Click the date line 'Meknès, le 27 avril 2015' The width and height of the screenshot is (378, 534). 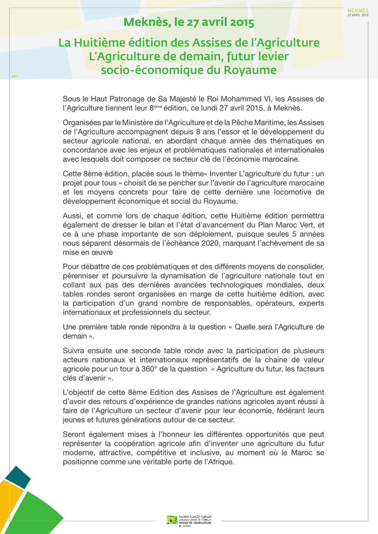click(189, 22)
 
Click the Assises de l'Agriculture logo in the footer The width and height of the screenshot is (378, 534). click(189, 519)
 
